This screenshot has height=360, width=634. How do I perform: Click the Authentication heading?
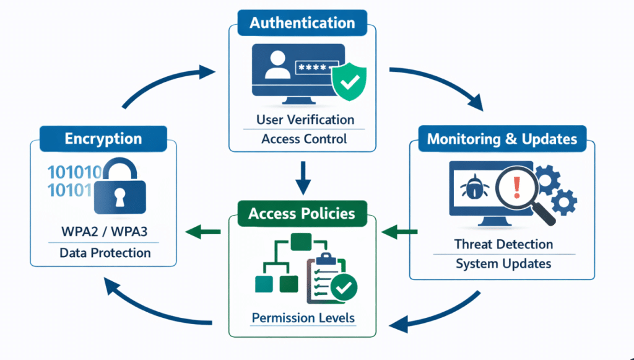click(302, 24)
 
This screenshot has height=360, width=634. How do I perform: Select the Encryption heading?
click(103, 139)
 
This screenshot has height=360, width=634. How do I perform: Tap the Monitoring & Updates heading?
click(502, 138)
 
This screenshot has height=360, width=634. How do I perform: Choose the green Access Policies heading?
click(302, 214)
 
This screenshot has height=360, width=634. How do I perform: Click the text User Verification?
click(305, 119)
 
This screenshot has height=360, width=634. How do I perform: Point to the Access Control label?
click(304, 138)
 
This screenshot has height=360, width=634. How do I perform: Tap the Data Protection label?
click(105, 253)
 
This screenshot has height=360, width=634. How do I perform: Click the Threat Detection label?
click(503, 244)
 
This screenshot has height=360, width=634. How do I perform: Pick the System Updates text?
click(503, 263)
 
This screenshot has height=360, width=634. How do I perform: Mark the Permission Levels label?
click(303, 318)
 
